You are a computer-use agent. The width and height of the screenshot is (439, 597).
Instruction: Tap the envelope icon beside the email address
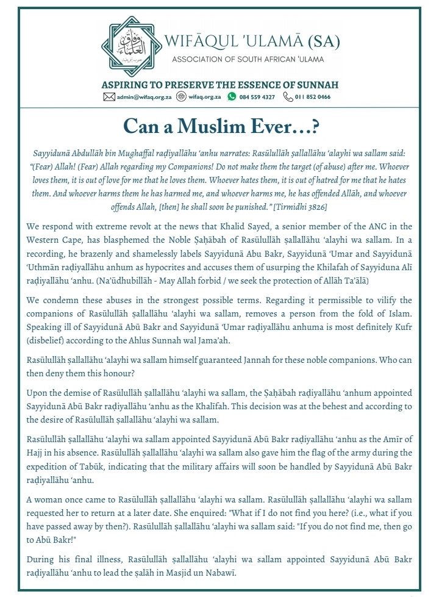(x=109, y=97)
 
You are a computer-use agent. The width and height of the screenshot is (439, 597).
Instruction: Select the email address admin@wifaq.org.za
(x=143, y=97)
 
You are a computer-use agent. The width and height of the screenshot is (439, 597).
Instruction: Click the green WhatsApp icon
(x=232, y=97)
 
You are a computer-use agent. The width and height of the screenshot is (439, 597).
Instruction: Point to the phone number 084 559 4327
(x=257, y=97)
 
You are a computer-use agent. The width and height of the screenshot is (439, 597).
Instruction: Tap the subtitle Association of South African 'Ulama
(x=248, y=59)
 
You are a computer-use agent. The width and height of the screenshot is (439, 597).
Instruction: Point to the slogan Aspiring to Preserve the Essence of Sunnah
(x=220, y=85)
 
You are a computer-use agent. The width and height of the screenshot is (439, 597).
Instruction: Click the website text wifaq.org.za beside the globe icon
(x=205, y=97)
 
